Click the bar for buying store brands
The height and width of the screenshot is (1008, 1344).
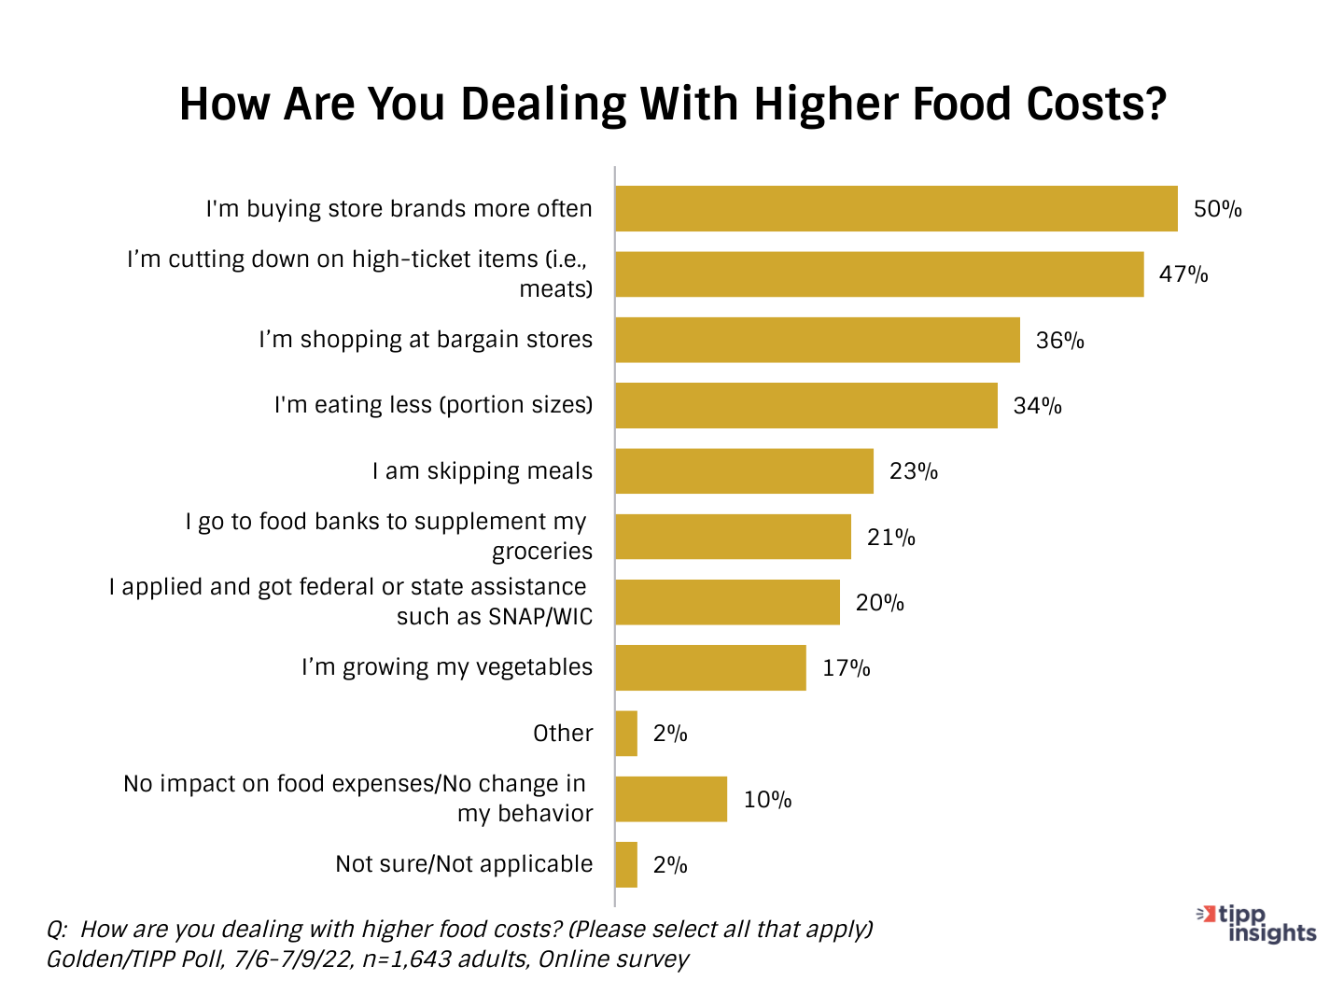896,208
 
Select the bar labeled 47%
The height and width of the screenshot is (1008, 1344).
879,274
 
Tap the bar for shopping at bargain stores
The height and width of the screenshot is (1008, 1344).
818,340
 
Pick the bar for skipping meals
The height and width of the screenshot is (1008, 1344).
744,471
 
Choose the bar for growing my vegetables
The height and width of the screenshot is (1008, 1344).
710,667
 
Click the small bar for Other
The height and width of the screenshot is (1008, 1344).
626,734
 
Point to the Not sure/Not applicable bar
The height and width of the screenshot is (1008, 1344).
626,864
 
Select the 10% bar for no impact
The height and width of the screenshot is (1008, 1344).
671,799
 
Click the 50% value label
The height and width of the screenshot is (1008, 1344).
1217,209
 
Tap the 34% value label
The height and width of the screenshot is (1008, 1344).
1037,406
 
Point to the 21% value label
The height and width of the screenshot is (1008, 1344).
890,538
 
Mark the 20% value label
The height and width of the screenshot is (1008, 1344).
879,603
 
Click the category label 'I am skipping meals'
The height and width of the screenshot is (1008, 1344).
482,471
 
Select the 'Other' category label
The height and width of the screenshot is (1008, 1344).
563,734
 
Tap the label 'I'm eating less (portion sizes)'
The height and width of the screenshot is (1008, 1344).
433,405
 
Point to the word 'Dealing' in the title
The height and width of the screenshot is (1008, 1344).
543,105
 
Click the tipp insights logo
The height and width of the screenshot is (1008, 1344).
1257,924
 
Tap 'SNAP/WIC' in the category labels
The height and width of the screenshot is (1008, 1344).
540,617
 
